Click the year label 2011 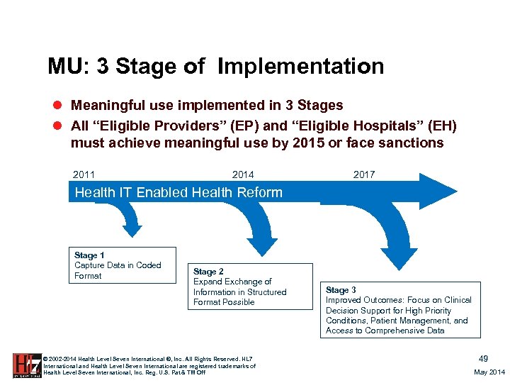[x=84, y=174]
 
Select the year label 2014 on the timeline [x=243, y=174]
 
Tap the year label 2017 [x=364, y=174]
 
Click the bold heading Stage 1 [x=89, y=255]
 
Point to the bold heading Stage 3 [x=341, y=290]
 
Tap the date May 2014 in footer [x=489, y=372]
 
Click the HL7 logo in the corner [x=26, y=365]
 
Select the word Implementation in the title [x=301, y=67]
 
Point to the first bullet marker [x=59, y=106]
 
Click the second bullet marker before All [x=59, y=126]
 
